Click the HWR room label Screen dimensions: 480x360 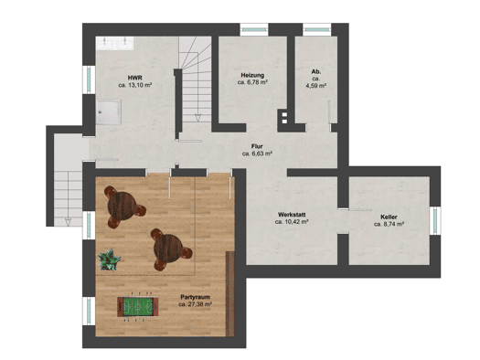(x=135, y=78)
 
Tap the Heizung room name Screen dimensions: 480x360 (x=252, y=75)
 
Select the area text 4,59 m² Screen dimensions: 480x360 (x=316, y=86)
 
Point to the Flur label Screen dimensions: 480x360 (x=257, y=146)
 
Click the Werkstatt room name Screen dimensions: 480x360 (x=292, y=215)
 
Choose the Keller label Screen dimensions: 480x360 (x=389, y=217)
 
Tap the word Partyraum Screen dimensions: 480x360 (x=196, y=297)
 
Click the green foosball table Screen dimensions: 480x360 (x=138, y=306)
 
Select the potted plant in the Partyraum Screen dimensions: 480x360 (x=109, y=260)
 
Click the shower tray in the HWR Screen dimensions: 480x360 (x=109, y=112)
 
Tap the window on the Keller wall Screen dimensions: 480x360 (x=435, y=221)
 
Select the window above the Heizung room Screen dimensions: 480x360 (x=254, y=29)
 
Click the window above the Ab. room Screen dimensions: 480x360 (x=317, y=29)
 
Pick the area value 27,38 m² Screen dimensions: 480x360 (x=196, y=304)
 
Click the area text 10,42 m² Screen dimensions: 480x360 (x=292, y=222)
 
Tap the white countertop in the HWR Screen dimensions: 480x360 (x=115, y=43)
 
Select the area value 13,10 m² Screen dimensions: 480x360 (x=135, y=85)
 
